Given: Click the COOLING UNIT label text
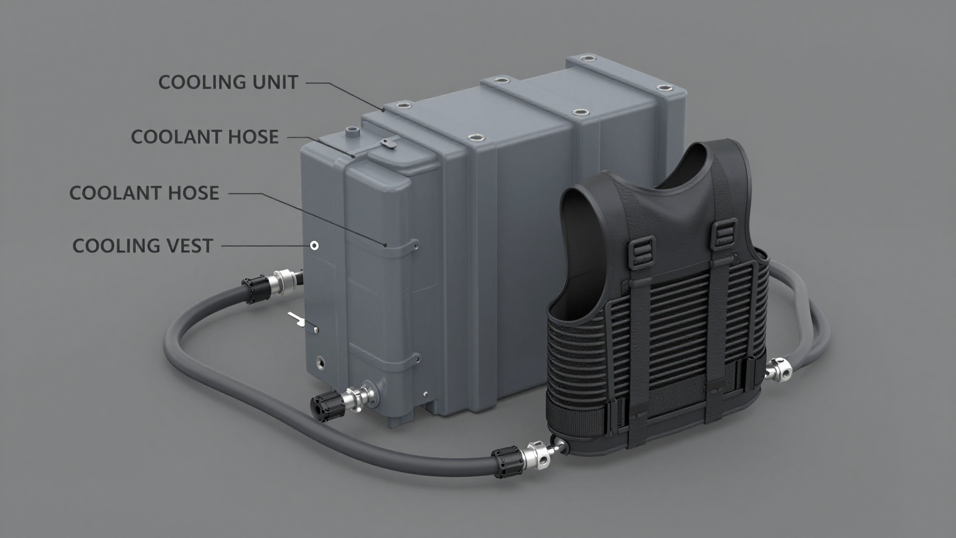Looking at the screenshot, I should pos(228,82).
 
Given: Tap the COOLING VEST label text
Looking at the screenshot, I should pos(143,245).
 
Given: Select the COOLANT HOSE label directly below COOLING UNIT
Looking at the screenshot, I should pos(204,137).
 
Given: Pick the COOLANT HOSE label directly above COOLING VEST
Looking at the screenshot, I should pos(144,193).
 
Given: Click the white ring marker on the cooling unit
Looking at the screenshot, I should pos(314,245).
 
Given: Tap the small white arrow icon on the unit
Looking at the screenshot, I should pos(297,319).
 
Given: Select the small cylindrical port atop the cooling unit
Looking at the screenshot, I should pos(352,132).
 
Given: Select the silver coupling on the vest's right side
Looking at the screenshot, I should pos(778,370).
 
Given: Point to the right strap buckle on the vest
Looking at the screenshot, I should pos(723,233).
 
